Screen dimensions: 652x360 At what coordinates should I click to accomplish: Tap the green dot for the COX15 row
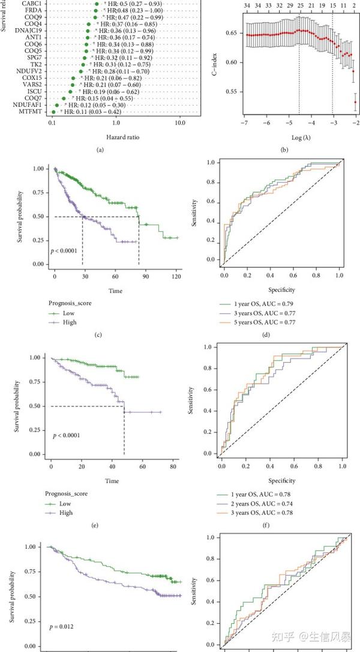74,78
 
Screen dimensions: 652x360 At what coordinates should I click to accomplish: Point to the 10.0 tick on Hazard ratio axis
180,123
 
